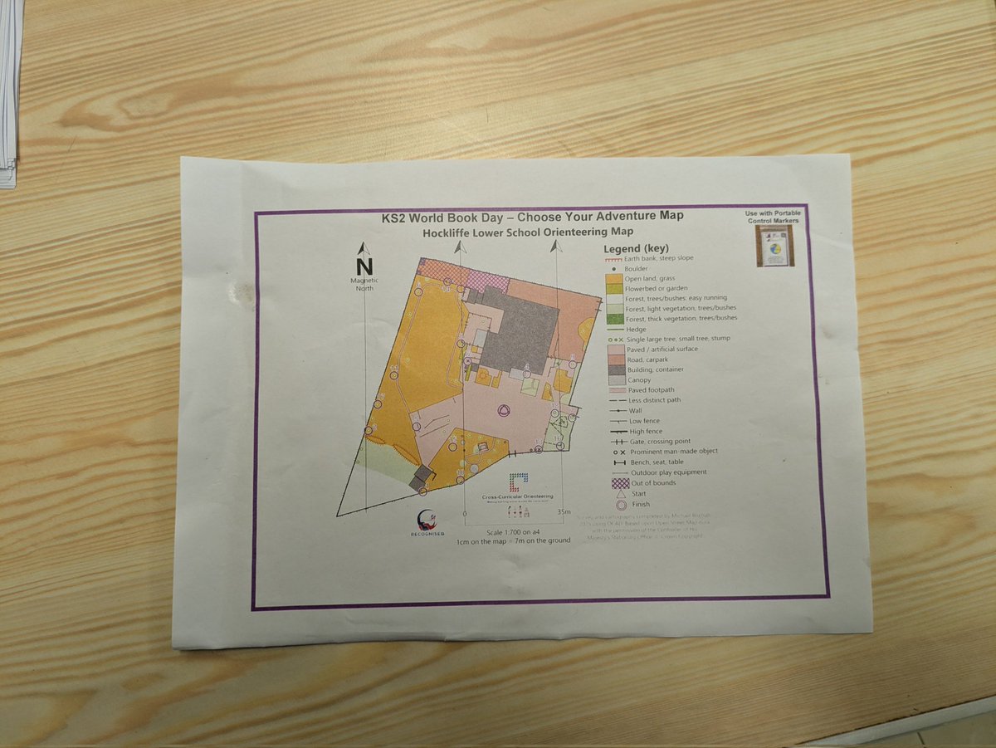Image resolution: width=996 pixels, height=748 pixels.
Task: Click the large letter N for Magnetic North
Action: (364, 266)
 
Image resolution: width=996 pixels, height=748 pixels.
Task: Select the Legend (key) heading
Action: (636, 248)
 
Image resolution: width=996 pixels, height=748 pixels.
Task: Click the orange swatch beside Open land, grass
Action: (614, 279)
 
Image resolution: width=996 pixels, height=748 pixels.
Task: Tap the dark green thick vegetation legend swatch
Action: (614, 319)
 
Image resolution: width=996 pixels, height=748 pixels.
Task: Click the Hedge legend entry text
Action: (636, 330)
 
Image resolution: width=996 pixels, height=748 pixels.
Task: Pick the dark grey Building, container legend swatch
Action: (614, 369)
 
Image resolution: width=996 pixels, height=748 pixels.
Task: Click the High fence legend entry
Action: (647, 431)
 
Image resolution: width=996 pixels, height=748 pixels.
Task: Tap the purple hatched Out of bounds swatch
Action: (617, 482)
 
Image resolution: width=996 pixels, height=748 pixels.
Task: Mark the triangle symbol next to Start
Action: (619, 494)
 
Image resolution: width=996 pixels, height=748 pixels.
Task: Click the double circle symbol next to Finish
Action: (619, 505)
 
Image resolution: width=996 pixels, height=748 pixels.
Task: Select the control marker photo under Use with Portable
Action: (775, 246)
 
